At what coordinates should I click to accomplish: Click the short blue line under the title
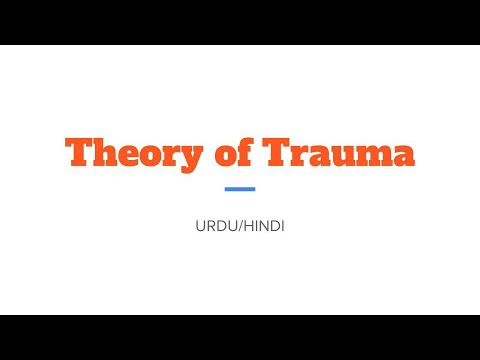click(240, 189)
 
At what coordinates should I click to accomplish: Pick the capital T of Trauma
click(280, 152)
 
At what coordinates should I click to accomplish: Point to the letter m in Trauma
click(370, 156)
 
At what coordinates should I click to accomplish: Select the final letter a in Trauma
click(402, 156)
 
